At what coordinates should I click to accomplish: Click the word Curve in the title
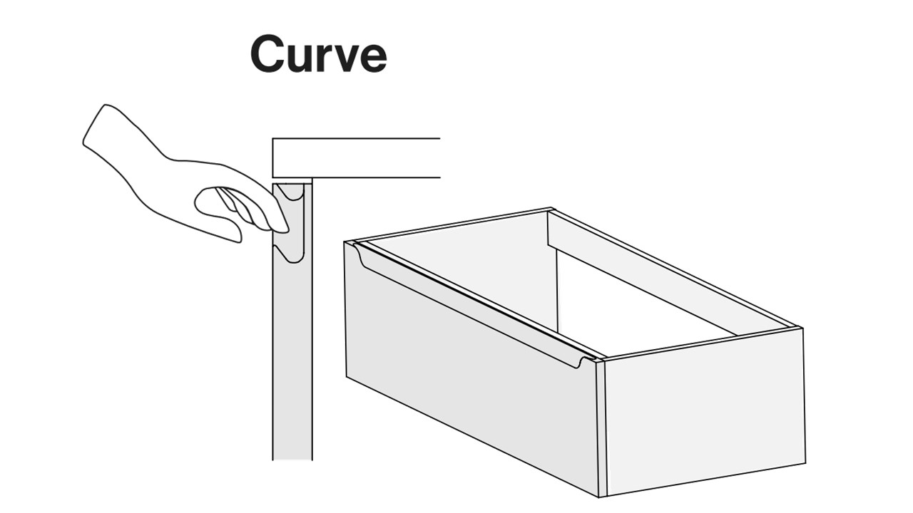click(318, 53)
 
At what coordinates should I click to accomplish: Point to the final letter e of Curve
click(372, 58)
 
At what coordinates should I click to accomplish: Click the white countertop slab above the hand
click(356, 158)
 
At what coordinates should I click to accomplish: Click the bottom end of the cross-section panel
click(292, 460)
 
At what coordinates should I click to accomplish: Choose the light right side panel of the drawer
click(705, 411)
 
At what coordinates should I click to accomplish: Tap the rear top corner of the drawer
click(551, 209)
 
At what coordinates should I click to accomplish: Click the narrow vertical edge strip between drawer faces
click(601, 427)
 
